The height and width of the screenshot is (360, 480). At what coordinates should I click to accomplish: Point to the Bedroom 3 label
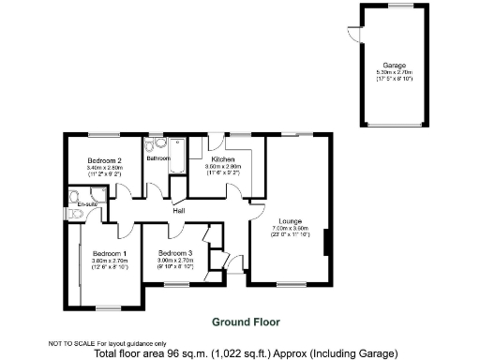click(175, 254)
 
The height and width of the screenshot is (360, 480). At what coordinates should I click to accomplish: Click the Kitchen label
click(222, 160)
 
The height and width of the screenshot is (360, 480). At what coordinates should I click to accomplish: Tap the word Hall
click(178, 211)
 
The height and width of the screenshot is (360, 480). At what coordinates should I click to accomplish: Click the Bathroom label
click(158, 158)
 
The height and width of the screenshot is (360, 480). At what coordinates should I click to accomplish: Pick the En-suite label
click(87, 202)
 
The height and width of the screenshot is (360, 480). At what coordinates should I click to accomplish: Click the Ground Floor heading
click(246, 322)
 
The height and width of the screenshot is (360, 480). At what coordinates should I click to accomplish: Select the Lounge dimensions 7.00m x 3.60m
click(288, 228)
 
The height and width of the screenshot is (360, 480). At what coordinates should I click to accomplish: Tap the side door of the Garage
click(355, 35)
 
